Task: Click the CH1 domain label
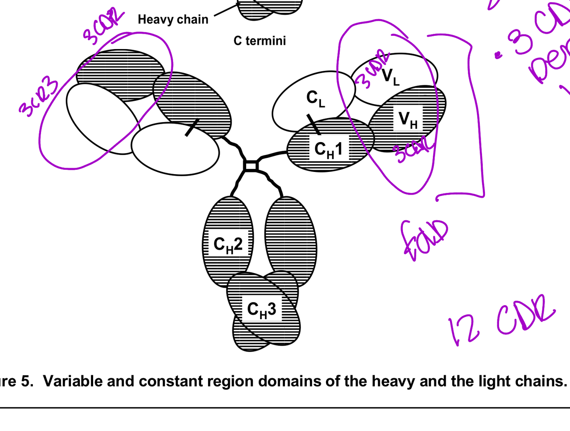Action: click(x=328, y=149)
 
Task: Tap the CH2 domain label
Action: click(x=228, y=245)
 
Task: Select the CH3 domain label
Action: click(x=261, y=309)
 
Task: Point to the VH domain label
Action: click(x=408, y=119)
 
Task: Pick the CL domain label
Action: click(x=315, y=98)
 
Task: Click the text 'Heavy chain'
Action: click(x=173, y=20)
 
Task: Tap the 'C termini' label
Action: click(x=259, y=41)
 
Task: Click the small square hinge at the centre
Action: click(x=251, y=166)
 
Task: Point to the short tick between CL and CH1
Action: click(x=314, y=124)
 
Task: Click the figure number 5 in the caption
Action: click(x=26, y=381)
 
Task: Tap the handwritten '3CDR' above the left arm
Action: click(x=103, y=26)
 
